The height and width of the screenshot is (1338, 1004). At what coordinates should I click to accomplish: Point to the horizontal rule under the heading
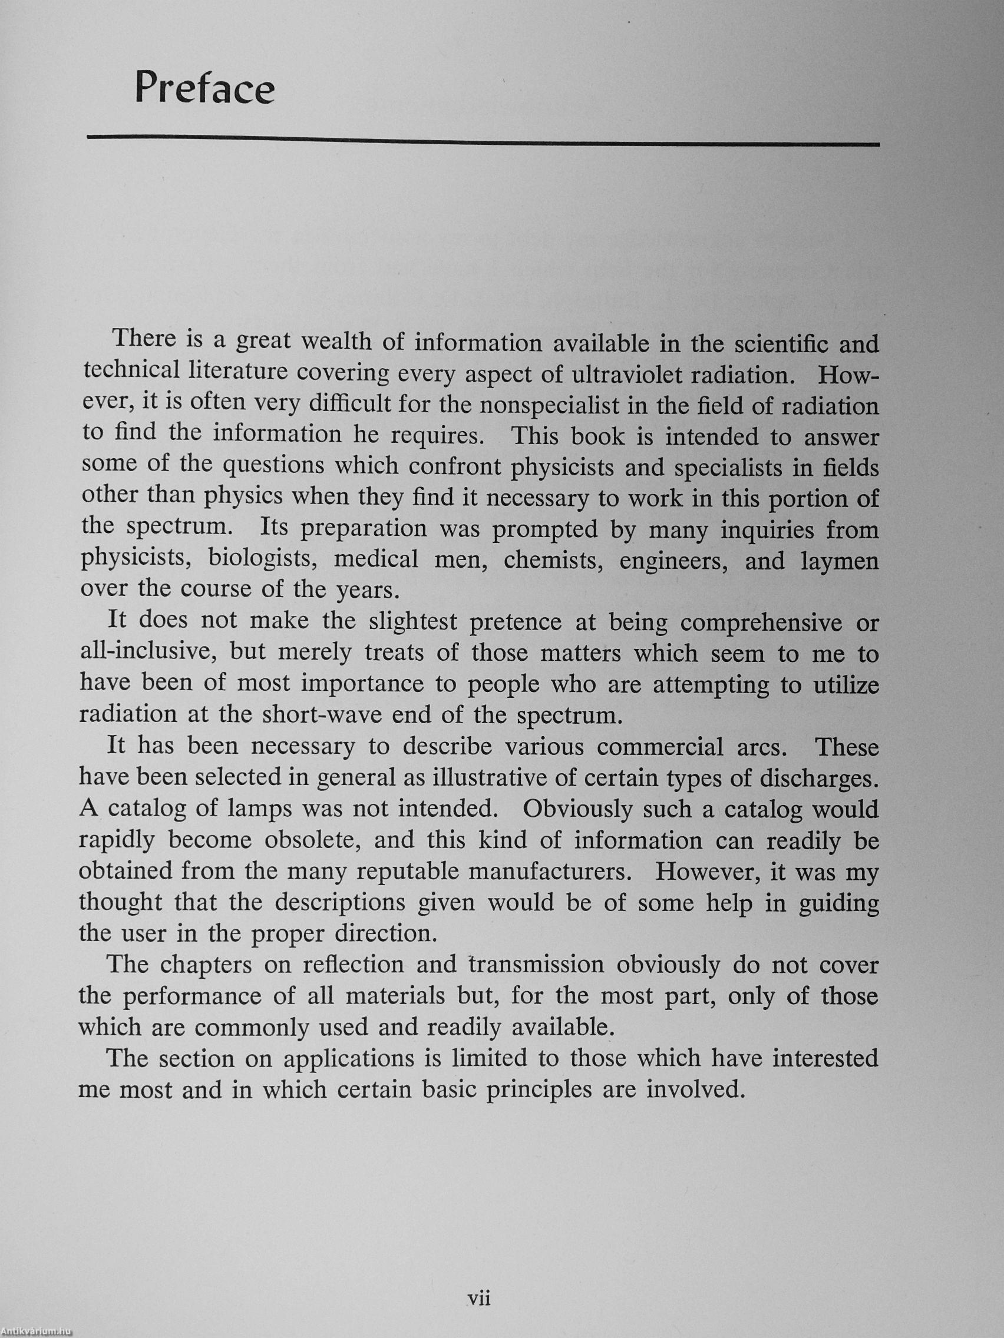click(483, 141)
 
